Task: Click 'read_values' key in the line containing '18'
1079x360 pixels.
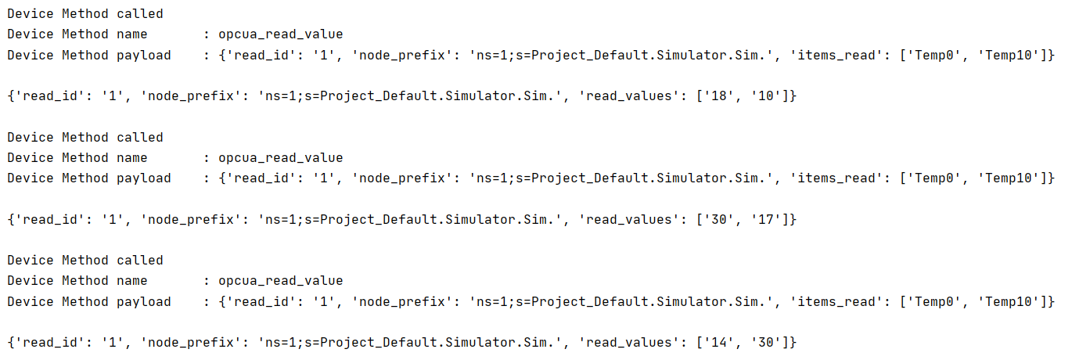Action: [x=625, y=96]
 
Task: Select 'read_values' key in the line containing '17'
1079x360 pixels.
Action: [x=625, y=220]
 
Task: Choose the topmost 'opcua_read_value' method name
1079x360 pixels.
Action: [x=280, y=34]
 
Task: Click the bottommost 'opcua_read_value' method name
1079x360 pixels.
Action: [x=280, y=281]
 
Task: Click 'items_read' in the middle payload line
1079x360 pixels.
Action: [x=836, y=178]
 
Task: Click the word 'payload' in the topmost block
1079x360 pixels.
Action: [x=144, y=56]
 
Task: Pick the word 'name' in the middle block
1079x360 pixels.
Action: [x=132, y=158]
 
